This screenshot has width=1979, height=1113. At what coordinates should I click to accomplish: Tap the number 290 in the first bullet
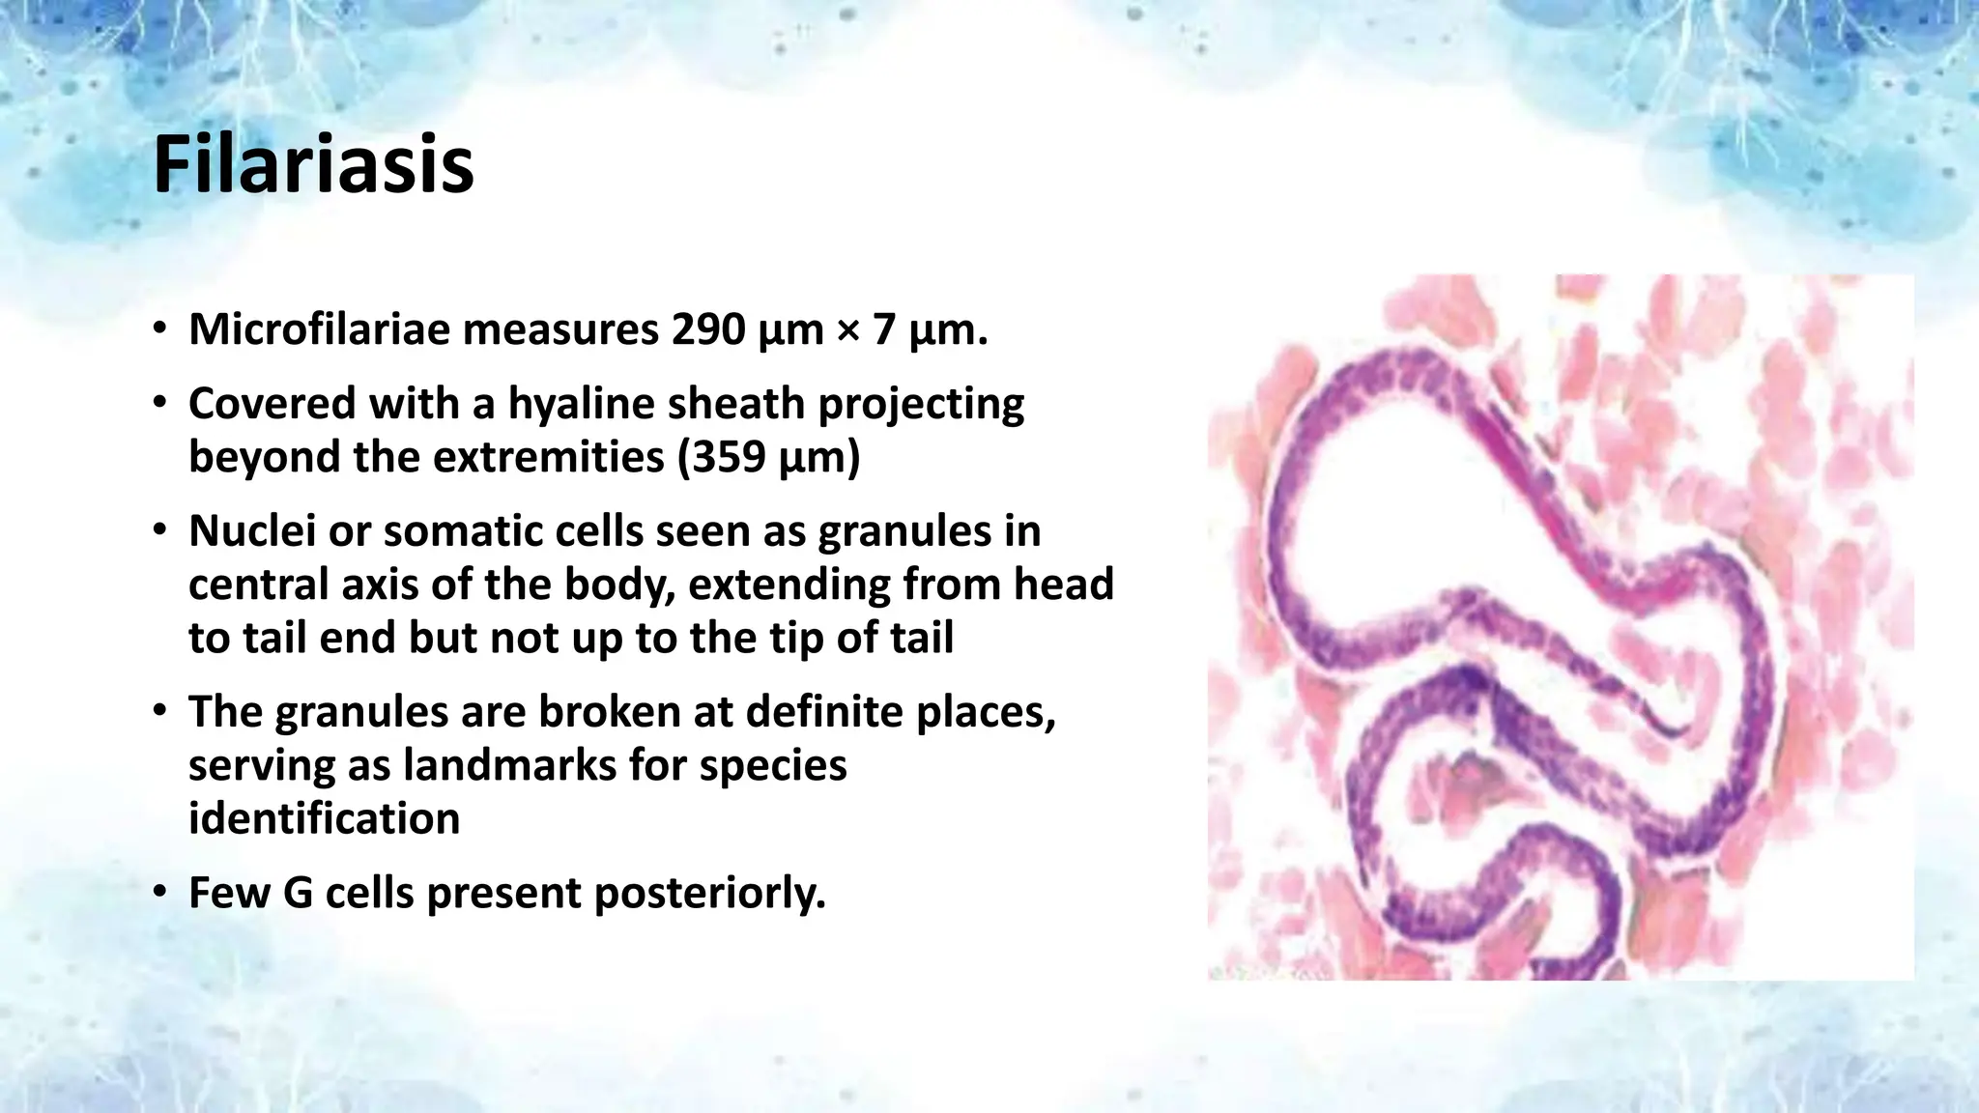click(708, 330)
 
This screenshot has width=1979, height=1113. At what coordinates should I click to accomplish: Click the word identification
click(324, 819)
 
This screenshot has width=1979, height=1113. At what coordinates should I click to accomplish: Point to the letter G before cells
click(298, 893)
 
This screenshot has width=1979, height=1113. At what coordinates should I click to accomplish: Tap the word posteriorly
click(709, 893)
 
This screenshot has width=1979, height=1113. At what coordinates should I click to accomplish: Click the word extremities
click(548, 457)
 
